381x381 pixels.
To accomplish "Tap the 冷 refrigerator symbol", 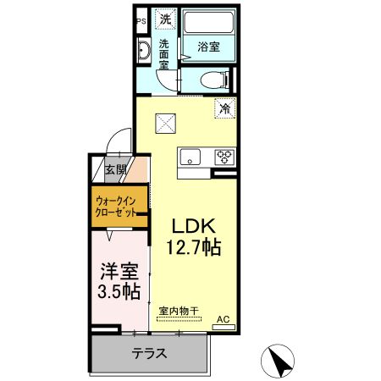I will pyautogui.click(x=225, y=108).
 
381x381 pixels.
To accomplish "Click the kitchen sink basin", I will pyautogui.click(x=190, y=156).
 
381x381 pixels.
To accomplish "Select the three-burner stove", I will pyautogui.click(x=224, y=156).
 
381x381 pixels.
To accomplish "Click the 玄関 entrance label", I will pyautogui.click(x=115, y=169).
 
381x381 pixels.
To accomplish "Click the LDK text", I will pyautogui.click(x=196, y=227).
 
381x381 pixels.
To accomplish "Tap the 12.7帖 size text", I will pyautogui.click(x=192, y=249).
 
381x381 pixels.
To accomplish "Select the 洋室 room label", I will pyautogui.click(x=119, y=273).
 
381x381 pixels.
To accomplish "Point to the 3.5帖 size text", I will pyautogui.click(x=119, y=293).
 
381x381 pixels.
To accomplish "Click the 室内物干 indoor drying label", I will pyautogui.click(x=179, y=311).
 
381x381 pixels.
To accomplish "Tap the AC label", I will pyautogui.click(x=224, y=319).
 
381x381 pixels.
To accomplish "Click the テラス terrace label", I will pyautogui.click(x=148, y=353).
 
